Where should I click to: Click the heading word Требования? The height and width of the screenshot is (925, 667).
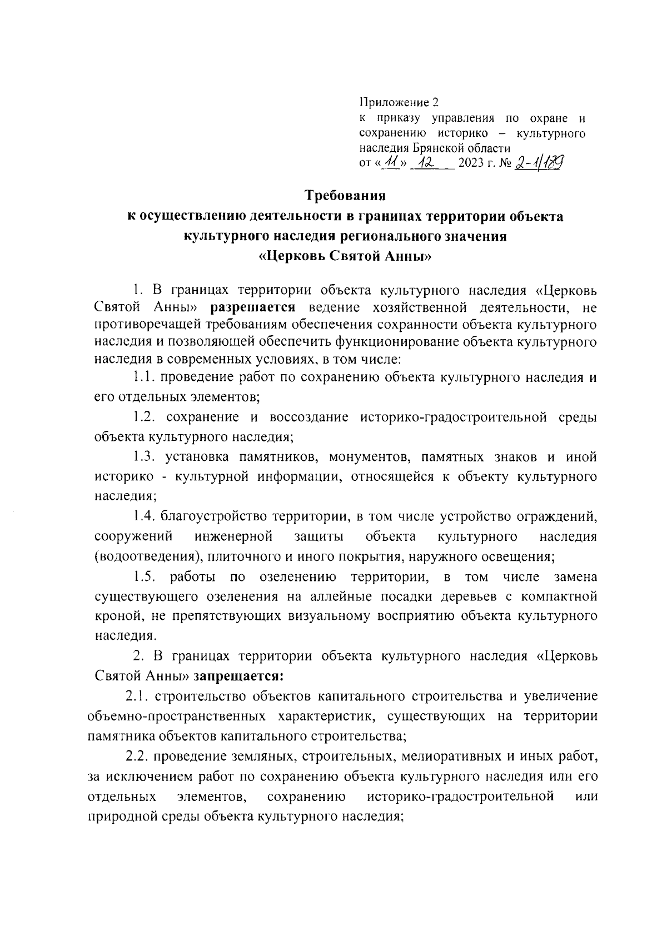click(x=345, y=196)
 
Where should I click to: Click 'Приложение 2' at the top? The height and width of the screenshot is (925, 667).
click(x=399, y=103)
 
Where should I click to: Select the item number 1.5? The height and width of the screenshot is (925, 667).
click(x=146, y=577)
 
